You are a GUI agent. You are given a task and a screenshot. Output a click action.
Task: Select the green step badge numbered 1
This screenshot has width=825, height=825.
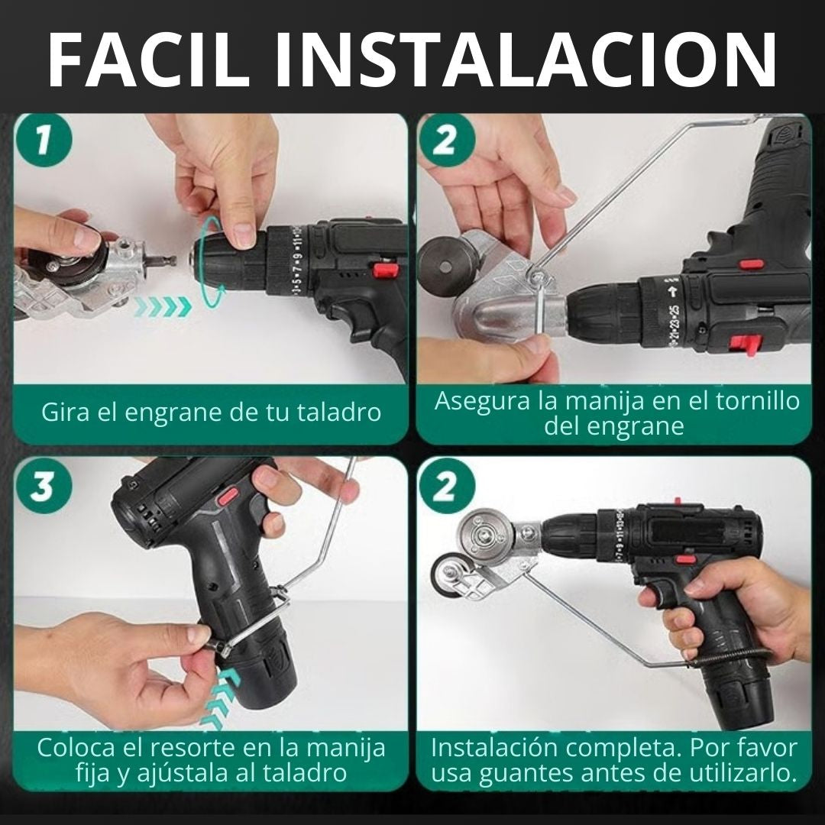pos(43,142)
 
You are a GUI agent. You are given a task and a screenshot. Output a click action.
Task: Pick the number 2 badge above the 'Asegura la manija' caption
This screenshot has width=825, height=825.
pos(445,142)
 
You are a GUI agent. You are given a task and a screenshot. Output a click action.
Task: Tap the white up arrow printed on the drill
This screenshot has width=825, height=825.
pos(673,292)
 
